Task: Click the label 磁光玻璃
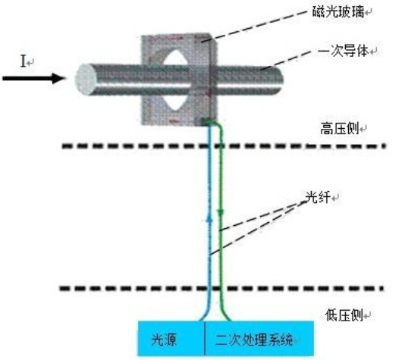pos(338,12)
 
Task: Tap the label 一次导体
pos(344,51)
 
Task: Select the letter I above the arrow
pos(24,61)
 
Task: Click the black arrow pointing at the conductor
pos(33,79)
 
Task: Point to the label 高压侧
pos(340,128)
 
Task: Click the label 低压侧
pos(344,315)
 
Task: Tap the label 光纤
pos(318,197)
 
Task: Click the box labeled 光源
pos(171,339)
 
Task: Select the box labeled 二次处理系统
pos(259,339)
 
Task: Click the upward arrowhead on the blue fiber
pos(209,218)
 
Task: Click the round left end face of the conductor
pos(86,79)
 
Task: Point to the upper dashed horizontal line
pos(224,146)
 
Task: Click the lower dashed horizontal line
pos(221,288)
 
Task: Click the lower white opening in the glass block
pos(177,101)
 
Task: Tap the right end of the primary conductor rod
pos(281,80)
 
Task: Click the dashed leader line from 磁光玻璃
pos(255,26)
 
